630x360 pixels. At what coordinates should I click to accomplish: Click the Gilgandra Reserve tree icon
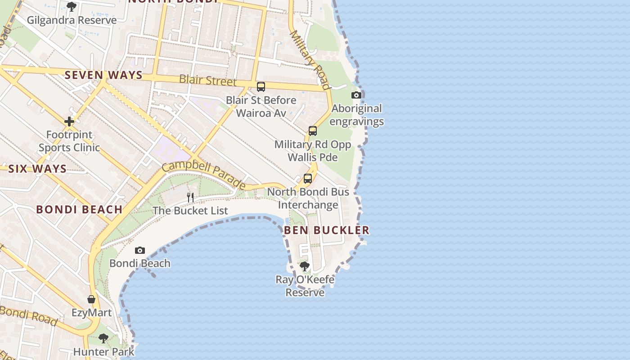(71, 7)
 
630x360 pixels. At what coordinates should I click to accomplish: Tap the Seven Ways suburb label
(103, 75)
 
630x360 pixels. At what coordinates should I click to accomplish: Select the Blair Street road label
(207, 80)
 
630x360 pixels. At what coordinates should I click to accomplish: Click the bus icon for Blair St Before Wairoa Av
(261, 87)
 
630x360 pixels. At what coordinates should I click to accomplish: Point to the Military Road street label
(310, 59)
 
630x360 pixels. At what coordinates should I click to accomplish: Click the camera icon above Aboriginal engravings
(356, 95)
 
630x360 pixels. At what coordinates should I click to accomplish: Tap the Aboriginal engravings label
(357, 115)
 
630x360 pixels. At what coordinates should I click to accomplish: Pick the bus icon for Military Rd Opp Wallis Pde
(313, 131)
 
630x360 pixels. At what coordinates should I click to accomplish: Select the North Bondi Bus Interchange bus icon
(308, 178)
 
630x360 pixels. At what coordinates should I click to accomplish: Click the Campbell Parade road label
(204, 175)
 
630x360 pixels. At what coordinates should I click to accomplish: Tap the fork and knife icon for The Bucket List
(190, 197)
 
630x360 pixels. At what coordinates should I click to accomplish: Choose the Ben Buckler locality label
(327, 230)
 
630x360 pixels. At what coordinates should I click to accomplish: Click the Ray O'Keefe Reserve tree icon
(305, 266)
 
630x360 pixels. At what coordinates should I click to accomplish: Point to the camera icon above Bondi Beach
(140, 250)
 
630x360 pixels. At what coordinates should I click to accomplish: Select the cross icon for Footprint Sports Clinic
(69, 121)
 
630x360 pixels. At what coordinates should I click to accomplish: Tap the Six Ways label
(37, 169)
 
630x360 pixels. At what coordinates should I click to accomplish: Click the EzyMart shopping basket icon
(91, 299)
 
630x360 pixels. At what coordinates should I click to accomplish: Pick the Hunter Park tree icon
(103, 338)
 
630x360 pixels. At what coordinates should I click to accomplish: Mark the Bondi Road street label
(28, 315)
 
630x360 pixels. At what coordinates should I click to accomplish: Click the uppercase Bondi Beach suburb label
(79, 209)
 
